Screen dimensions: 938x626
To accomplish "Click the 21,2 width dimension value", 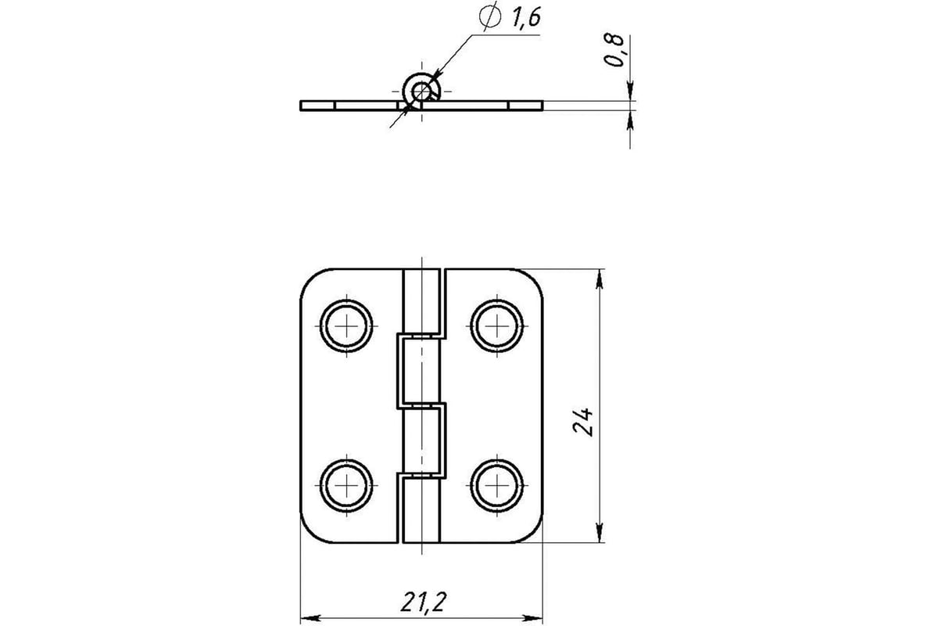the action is [x=424, y=602].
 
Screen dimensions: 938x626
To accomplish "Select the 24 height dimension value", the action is [x=583, y=422].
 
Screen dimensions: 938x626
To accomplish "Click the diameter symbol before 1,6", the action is [x=490, y=16].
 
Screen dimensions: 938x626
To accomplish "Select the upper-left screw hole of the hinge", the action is [x=346, y=326].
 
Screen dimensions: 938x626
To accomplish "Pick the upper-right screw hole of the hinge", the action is [x=496, y=326].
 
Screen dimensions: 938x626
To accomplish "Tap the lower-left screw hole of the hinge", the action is [x=346, y=485].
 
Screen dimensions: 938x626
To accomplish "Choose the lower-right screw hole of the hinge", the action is [x=496, y=485].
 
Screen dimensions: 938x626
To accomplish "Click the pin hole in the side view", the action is [x=421, y=91].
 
